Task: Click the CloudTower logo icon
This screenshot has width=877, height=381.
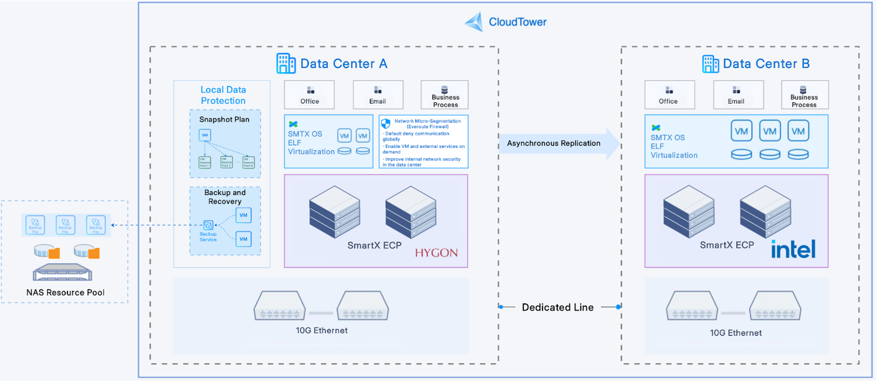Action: pyautogui.click(x=474, y=22)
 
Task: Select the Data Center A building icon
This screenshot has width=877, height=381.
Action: pyautogui.click(x=286, y=63)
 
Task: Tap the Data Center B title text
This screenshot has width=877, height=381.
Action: pyautogui.click(x=766, y=64)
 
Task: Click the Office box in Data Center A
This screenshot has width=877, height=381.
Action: pyautogui.click(x=309, y=95)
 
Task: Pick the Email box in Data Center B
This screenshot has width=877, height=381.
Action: pyautogui.click(x=738, y=95)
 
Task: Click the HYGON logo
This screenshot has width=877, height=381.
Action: pyautogui.click(x=436, y=253)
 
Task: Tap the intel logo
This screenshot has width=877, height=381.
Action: pyautogui.click(x=793, y=249)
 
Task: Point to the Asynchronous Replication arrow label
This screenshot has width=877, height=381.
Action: pyautogui.click(x=553, y=143)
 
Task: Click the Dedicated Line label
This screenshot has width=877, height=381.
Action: pyautogui.click(x=557, y=307)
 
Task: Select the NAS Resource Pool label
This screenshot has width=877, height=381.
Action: pyautogui.click(x=65, y=292)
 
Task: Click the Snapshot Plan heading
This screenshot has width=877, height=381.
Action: pyautogui.click(x=224, y=119)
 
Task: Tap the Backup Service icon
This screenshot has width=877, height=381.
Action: pyautogui.click(x=208, y=225)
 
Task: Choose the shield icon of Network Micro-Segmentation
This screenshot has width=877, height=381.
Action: pyautogui.click(x=385, y=124)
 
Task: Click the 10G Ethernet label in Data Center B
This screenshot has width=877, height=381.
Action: pyautogui.click(x=735, y=333)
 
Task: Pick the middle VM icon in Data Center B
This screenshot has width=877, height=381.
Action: pyautogui.click(x=769, y=131)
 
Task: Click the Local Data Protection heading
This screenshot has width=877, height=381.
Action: pyautogui.click(x=223, y=95)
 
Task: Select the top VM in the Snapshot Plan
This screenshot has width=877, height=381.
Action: pyautogui.click(x=204, y=135)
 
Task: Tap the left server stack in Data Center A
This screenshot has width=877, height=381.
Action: pyautogui.click(x=334, y=212)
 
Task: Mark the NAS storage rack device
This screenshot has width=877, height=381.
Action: pyautogui.click(x=63, y=272)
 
